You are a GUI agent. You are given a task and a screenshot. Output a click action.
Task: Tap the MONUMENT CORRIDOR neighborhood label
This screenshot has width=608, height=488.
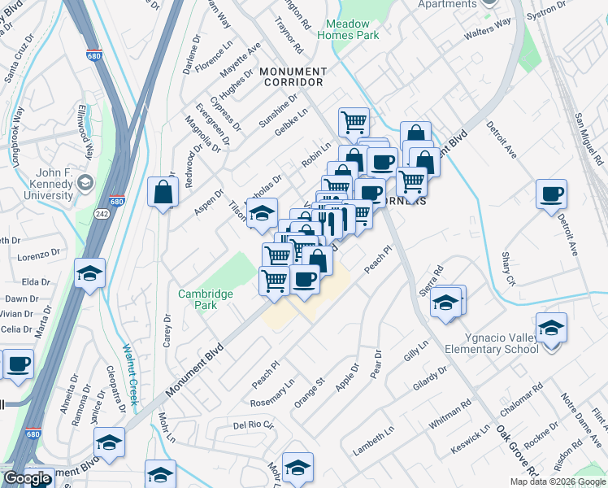[x=293, y=77]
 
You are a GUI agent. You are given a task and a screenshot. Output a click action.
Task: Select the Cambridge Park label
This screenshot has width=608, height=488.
[x=206, y=299]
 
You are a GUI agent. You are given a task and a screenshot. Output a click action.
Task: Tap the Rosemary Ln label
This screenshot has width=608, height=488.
[x=273, y=398]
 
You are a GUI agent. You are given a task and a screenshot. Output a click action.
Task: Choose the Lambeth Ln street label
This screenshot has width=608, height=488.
[x=373, y=440]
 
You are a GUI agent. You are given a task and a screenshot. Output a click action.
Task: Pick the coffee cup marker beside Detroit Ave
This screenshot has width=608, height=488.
[x=551, y=194]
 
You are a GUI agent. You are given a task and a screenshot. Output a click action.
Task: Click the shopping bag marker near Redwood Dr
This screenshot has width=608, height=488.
[x=163, y=192]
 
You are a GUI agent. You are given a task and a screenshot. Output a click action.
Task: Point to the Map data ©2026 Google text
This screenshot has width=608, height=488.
[x=558, y=481]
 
